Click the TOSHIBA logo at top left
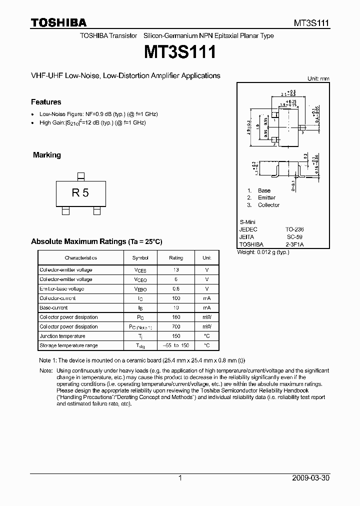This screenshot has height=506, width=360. point(58,22)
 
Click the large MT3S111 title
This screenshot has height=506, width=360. point(180,51)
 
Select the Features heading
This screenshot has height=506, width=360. point(46,102)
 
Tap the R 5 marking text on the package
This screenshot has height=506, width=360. point(80,192)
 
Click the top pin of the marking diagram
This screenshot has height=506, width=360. point(80,175)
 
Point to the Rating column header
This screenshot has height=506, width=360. point(176,258)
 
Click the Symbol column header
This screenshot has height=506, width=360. point(140,258)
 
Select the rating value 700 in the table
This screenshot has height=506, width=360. point(176,327)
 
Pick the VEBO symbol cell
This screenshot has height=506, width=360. point(140,289)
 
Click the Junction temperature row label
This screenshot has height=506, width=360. point(62,336)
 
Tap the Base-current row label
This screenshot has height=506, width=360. point(53,308)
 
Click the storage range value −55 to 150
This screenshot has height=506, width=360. point(176,346)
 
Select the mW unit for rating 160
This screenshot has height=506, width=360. point(206,317)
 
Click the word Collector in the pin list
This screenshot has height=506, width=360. point(268,205)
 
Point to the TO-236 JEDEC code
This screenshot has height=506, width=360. point(294,229)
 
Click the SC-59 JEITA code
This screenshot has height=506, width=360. point(295,237)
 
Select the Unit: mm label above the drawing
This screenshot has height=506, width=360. point(318,78)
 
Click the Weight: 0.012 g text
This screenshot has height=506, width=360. point(263,252)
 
